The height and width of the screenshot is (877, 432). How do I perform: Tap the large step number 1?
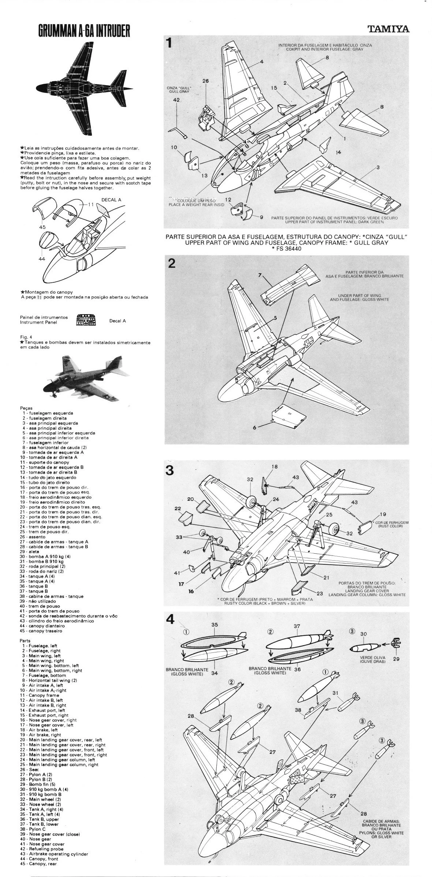coord(169,43)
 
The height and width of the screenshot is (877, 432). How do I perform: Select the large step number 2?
coord(170,263)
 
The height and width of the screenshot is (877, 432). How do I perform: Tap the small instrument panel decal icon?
coord(85,320)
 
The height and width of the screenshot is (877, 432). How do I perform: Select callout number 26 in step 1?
coord(205,81)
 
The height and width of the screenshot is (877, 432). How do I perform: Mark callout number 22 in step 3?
coord(178,509)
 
